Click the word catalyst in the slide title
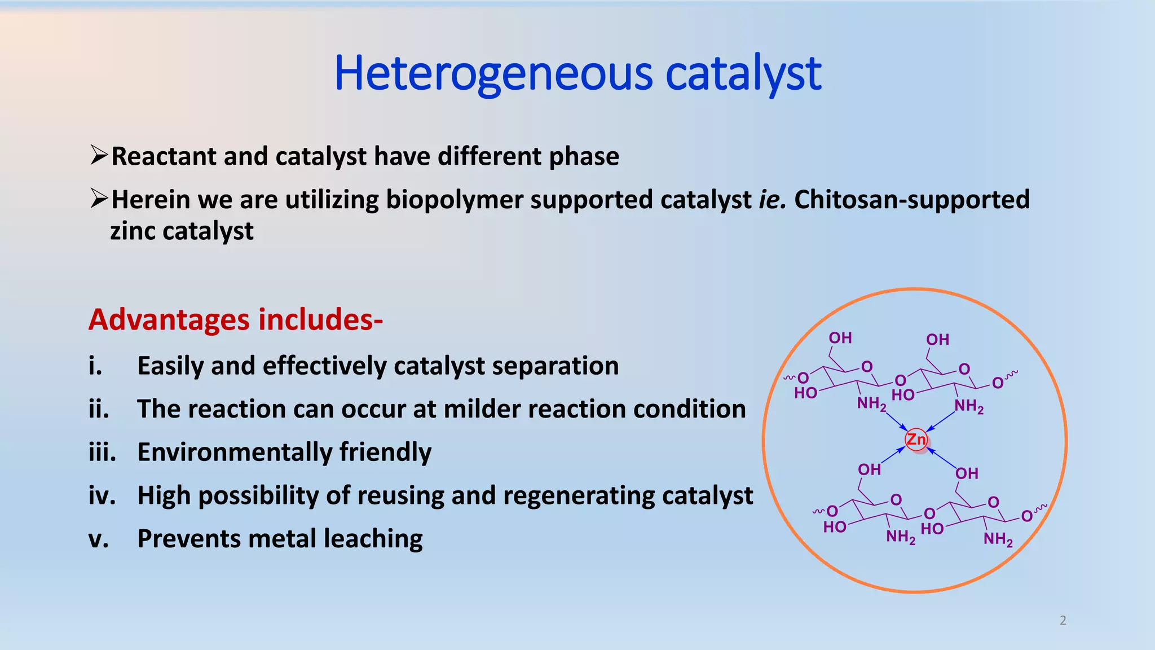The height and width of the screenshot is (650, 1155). coord(743,73)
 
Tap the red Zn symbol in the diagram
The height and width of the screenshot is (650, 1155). coord(916,439)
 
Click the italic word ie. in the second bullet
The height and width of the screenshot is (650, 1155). coord(772,200)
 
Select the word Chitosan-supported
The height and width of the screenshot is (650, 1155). coord(912,200)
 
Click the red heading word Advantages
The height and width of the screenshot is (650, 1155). coord(169,319)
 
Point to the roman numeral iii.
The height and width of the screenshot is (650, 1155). coord(102,452)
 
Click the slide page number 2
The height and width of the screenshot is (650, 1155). coord(1063,620)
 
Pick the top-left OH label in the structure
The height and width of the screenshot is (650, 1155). coord(840,338)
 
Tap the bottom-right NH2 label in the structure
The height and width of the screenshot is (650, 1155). coord(998,539)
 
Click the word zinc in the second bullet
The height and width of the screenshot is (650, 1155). coord(133,231)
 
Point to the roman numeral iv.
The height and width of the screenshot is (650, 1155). coord(102,495)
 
